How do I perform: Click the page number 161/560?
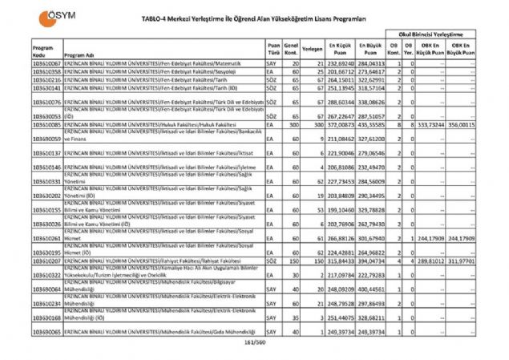click(254, 344)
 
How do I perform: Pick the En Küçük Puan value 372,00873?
click(341, 125)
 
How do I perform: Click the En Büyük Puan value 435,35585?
click(371, 125)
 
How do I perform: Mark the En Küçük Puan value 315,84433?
click(341, 261)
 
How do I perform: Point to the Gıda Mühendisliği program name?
click(160, 331)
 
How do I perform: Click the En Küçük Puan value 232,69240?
click(341, 62)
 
